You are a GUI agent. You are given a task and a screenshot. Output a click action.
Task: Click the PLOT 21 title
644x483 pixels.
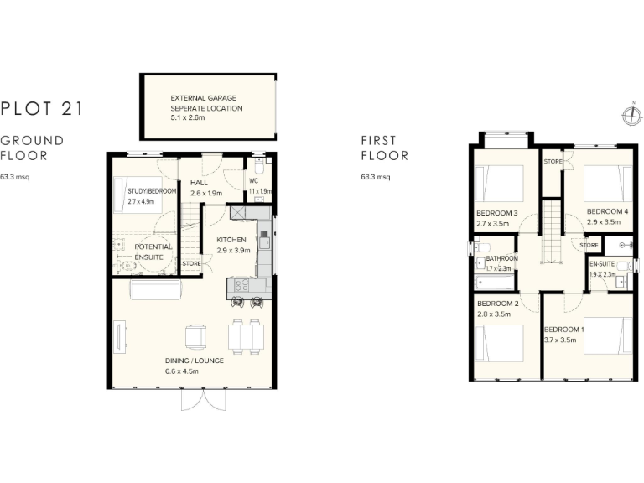tap(41, 107)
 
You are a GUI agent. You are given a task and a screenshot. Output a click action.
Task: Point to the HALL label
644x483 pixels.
tap(199, 183)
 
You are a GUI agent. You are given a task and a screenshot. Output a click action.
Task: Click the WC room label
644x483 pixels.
tap(254, 180)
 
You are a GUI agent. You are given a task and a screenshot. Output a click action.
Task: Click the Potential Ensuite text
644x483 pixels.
tap(153, 252)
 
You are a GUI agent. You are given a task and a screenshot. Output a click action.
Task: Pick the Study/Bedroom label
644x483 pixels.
tap(152, 191)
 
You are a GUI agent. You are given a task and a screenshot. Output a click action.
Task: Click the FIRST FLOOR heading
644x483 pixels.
tap(385, 148)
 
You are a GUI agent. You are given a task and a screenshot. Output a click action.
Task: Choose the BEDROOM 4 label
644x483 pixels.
tap(607, 210)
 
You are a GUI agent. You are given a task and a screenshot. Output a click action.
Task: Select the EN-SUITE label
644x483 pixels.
tap(602, 264)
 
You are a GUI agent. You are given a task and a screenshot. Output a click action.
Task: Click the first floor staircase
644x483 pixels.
tap(552, 235)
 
